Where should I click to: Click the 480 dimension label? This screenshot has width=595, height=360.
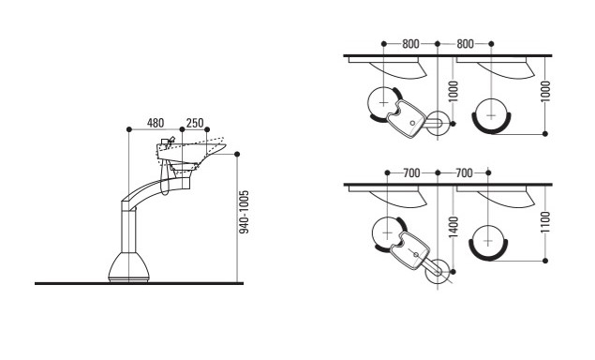click(156, 123)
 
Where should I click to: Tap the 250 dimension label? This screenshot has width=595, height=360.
click(195, 123)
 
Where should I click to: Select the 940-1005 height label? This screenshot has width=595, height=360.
click(245, 212)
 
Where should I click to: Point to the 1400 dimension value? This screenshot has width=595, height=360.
click(454, 227)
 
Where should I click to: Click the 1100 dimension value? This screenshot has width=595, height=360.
click(545, 222)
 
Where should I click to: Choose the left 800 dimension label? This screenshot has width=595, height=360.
click(410, 44)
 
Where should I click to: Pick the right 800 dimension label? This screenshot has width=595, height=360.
click(465, 44)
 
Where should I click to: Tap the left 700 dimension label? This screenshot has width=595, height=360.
click(411, 173)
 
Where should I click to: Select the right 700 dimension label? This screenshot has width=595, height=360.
click(464, 173)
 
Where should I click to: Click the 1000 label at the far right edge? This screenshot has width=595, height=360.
click(545, 92)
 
